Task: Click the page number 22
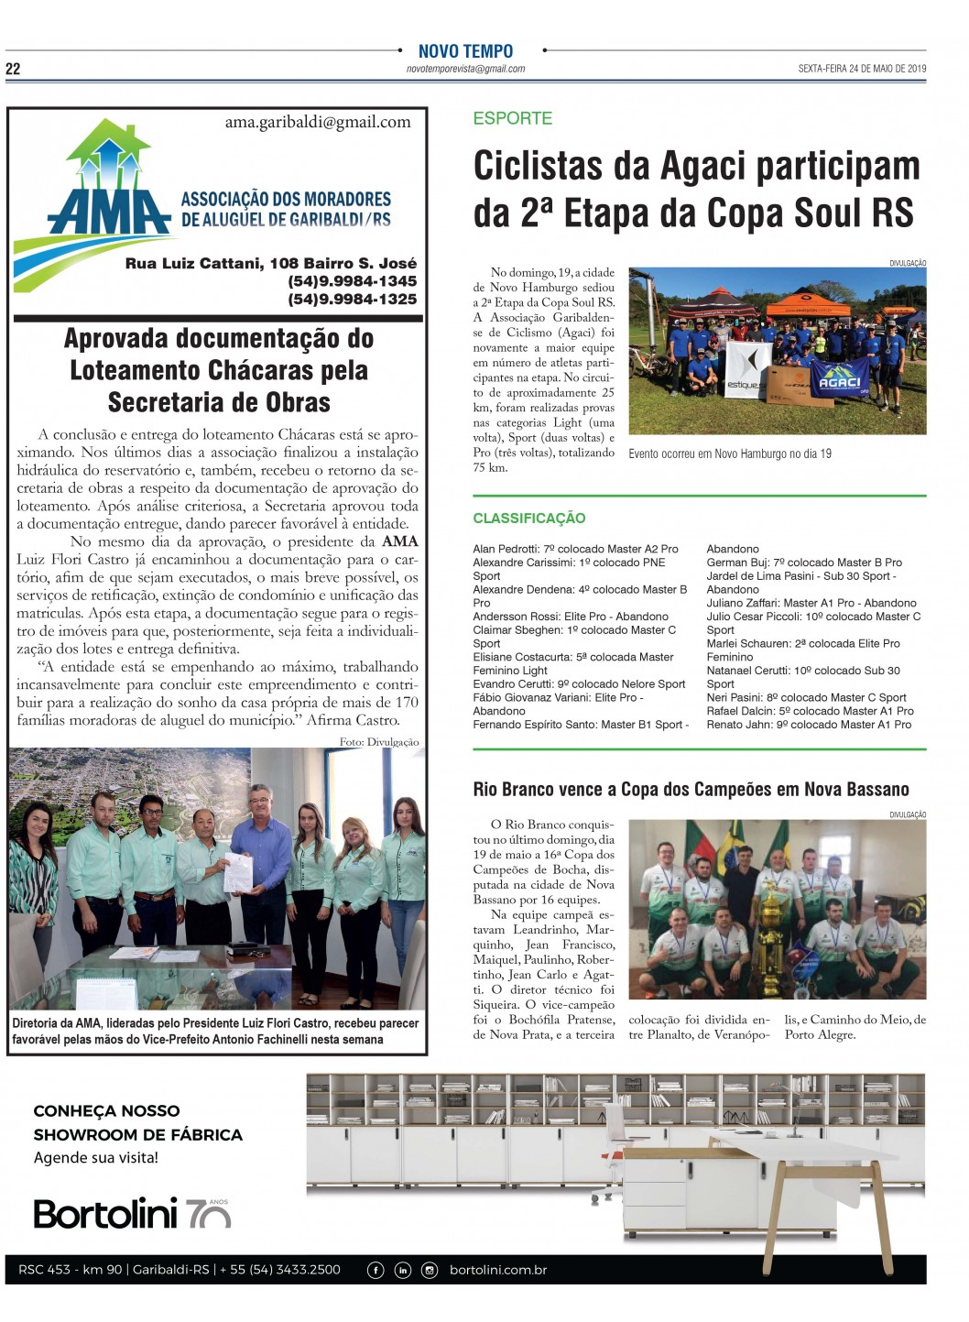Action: (13, 69)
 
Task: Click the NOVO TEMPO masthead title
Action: (465, 51)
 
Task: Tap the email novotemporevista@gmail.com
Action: (465, 69)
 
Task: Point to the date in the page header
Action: (862, 69)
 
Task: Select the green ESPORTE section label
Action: (512, 118)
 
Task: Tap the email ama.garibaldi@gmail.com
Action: (318, 122)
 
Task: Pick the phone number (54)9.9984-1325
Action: (352, 299)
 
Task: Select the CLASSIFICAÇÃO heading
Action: (528, 519)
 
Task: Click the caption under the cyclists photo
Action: (730, 453)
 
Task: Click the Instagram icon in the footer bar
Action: (430, 1270)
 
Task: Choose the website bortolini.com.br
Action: (498, 1270)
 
